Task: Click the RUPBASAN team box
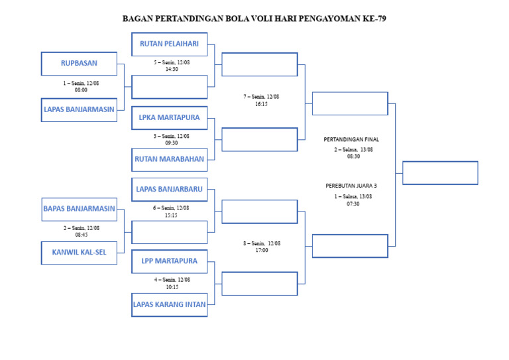coord(79,64)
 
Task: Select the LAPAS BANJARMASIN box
coord(79,109)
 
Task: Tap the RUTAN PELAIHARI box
coord(169,44)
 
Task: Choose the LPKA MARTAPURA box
coord(169,117)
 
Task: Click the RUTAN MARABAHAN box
coord(169,159)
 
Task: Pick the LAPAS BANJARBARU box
coord(169,189)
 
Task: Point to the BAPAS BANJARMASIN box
coord(79,209)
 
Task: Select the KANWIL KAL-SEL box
coord(79,252)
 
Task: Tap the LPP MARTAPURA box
coord(169,261)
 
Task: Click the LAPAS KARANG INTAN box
coord(169,305)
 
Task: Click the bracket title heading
coord(254,19)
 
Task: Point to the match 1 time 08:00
coord(81,90)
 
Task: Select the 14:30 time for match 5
coord(172,69)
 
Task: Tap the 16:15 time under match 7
coord(261,104)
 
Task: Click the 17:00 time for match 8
coord(261,251)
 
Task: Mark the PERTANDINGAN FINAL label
coord(351,140)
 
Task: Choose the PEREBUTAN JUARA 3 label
coord(351,186)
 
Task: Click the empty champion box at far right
coord(440,173)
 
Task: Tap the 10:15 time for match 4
coord(172,287)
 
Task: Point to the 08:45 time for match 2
coord(81,235)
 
